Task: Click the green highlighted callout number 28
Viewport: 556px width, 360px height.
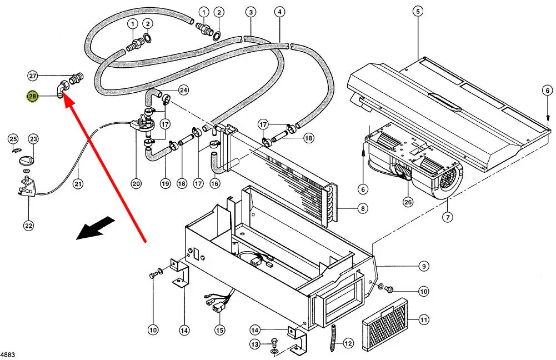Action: point(32,97)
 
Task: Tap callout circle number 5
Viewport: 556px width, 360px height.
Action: point(418,11)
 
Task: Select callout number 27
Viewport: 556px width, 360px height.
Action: point(32,76)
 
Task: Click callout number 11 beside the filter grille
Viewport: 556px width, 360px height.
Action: point(424,319)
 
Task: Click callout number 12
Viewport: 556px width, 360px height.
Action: point(348,343)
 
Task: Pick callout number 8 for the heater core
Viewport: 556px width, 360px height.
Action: point(363,209)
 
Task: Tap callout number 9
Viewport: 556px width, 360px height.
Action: point(424,266)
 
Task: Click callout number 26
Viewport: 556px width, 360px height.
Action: point(408,202)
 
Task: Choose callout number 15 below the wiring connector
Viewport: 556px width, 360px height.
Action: point(220,330)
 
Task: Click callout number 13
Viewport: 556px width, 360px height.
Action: point(254,345)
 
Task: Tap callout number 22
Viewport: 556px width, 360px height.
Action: point(28,225)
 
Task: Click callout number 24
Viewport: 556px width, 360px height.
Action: point(183,90)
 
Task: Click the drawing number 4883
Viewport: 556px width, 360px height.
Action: point(8,354)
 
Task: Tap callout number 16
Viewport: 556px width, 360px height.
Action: point(215,184)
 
